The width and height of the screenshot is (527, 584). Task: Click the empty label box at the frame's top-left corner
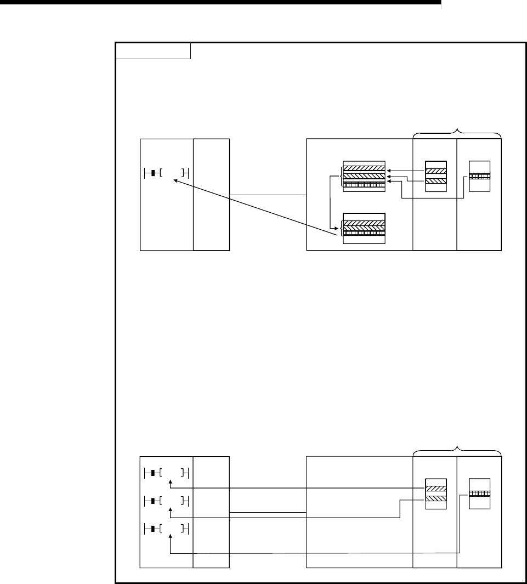153,51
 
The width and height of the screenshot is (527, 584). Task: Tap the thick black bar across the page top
219,3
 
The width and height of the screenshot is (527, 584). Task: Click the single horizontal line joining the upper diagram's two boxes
267,195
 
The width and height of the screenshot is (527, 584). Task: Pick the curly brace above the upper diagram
457,132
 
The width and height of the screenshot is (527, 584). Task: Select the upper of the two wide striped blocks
364,175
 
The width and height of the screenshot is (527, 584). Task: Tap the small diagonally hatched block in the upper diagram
437,175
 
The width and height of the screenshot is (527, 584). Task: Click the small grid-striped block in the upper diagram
479,176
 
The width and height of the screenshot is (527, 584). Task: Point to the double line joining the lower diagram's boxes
267,513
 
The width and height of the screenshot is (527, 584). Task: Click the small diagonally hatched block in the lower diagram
437,493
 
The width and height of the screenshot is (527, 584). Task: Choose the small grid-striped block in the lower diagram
479,493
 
